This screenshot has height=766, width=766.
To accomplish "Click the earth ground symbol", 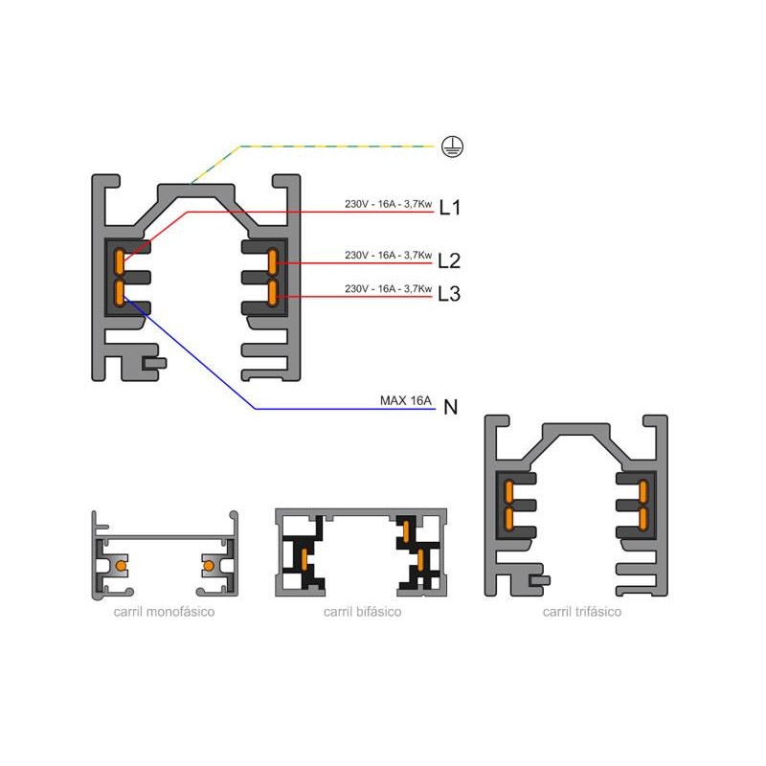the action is point(452,146).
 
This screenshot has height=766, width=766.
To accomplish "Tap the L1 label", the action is point(449,208).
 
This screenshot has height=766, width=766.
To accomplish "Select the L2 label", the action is point(449,260).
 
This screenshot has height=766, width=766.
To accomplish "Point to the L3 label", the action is point(449,294).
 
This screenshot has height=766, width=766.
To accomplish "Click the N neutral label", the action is point(450,407).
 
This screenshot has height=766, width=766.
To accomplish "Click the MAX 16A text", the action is point(405,400).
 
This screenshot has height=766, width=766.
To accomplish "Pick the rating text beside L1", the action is point(389,204).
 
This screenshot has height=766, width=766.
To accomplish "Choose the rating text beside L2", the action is point(389,255).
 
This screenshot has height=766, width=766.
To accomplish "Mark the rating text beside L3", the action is point(389,288).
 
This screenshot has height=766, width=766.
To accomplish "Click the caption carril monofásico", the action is point(164,612).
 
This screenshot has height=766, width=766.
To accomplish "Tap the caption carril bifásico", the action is point(363,612).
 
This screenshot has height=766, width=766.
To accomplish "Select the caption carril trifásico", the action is point(582,612).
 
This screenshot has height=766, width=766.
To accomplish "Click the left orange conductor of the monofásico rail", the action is point(121,566).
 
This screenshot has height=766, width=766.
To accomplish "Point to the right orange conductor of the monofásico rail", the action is point(209,566).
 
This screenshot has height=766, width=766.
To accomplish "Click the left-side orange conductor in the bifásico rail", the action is point(304,559).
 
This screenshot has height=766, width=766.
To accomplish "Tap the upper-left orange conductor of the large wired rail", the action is point(119,261).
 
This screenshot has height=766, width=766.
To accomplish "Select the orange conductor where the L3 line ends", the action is point(273,293).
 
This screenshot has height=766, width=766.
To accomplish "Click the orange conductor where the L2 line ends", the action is point(273,261).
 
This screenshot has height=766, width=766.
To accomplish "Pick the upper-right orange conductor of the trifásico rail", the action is point(642,492).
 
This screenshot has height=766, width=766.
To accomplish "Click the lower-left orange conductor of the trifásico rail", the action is point(509,519).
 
